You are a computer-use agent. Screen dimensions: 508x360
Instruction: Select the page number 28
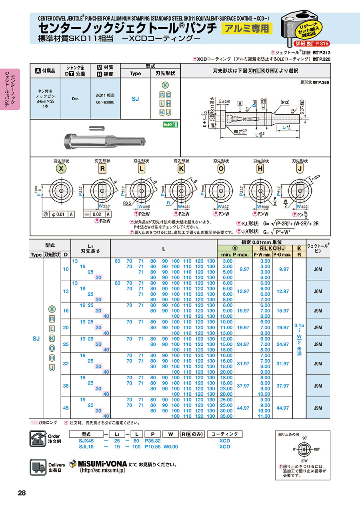click(x=22, y=493)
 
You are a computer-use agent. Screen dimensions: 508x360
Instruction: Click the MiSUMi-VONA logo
click(x=98, y=464)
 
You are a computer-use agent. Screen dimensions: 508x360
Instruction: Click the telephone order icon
click(x=38, y=438)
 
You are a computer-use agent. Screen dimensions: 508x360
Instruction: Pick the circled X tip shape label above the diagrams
click(x=61, y=169)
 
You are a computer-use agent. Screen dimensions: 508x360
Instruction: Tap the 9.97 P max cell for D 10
click(x=244, y=269)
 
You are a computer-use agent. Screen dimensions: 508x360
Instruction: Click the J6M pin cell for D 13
click(x=318, y=291)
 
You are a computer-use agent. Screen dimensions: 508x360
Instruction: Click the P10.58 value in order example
click(x=153, y=447)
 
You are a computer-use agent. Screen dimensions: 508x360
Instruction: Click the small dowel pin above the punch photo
click(x=100, y=128)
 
